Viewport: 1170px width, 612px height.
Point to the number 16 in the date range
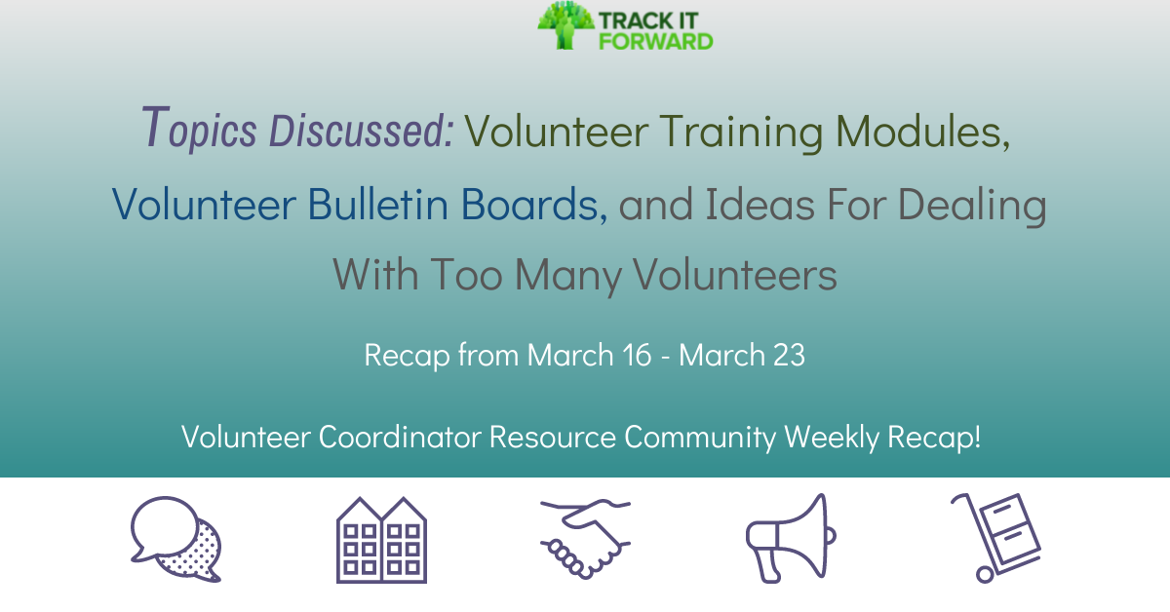point(637,356)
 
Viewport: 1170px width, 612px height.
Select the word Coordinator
point(400,438)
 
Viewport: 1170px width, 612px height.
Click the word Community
point(699,438)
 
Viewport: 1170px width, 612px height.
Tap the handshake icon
point(585,539)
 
